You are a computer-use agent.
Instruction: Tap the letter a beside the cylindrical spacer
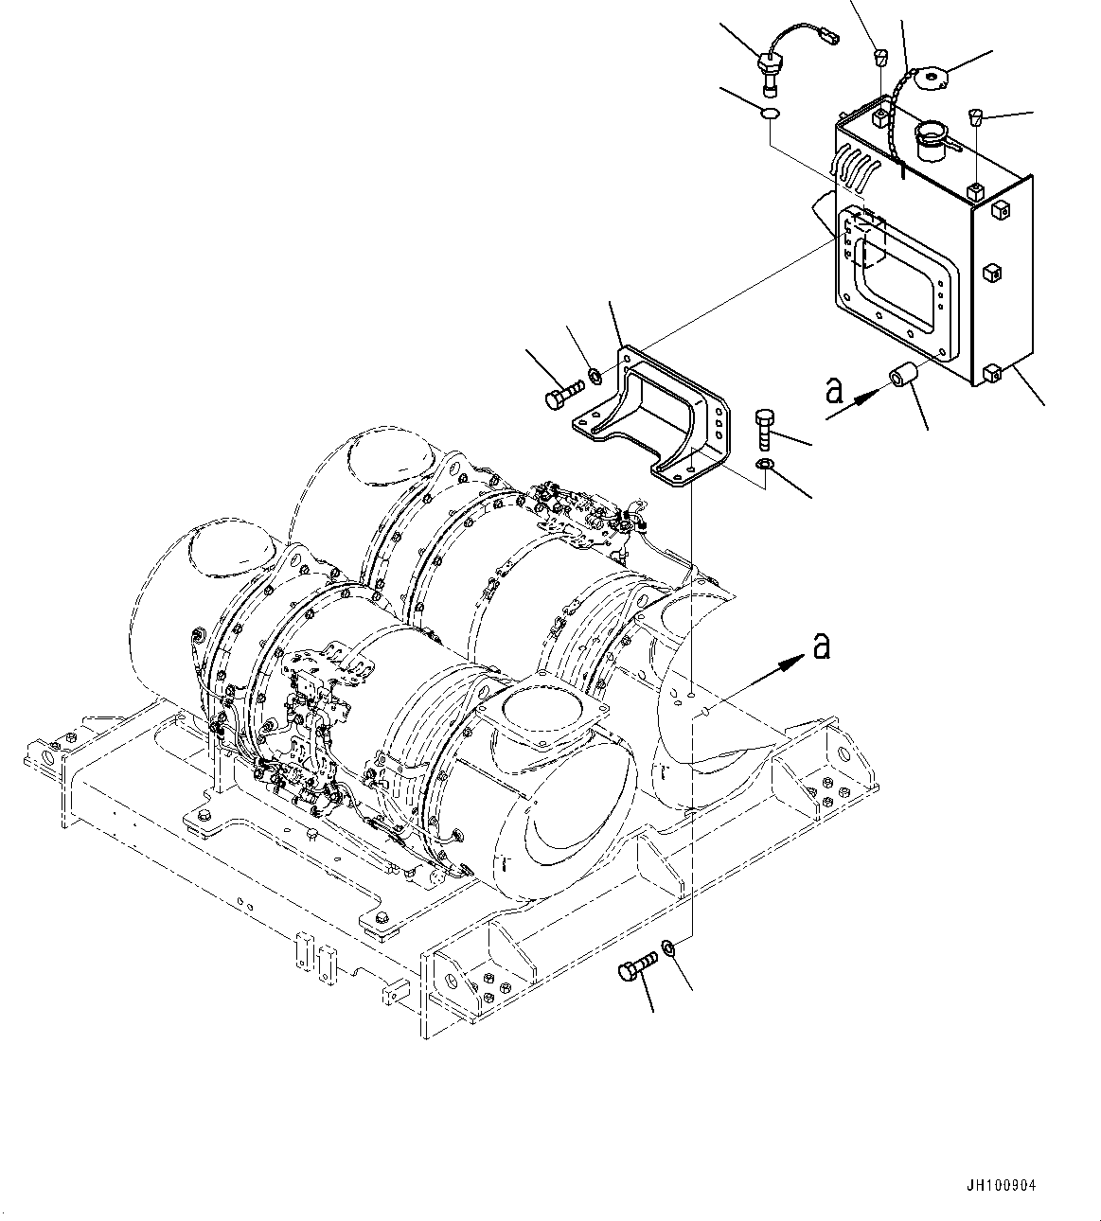click(x=834, y=390)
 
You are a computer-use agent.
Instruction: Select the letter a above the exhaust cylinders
click(x=821, y=646)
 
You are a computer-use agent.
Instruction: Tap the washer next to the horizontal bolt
click(x=594, y=377)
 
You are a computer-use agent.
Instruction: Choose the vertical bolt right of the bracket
click(x=766, y=430)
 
